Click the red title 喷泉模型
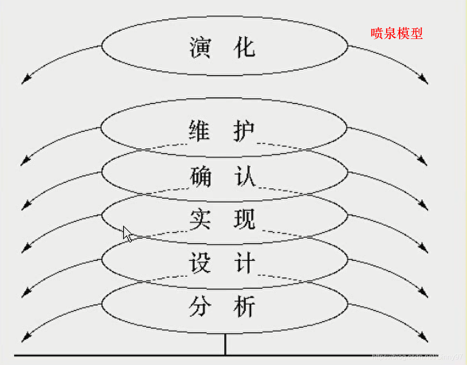(x=397, y=33)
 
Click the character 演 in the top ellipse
(x=200, y=47)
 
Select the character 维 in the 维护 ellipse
(x=200, y=131)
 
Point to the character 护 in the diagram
(x=244, y=131)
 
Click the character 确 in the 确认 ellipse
(x=200, y=176)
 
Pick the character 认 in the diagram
(x=244, y=176)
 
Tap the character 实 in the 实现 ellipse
(x=200, y=219)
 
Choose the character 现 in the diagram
(x=244, y=219)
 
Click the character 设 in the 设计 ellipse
(x=200, y=263)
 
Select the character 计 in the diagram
(x=244, y=263)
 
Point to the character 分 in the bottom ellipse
(x=200, y=306)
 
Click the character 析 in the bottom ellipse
(x=244, y=306)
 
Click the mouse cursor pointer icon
(x=127, y=234)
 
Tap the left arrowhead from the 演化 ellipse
(x=26, y=80)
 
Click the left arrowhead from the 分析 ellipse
(x=26, y=338)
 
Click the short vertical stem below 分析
(x=225, y=344)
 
